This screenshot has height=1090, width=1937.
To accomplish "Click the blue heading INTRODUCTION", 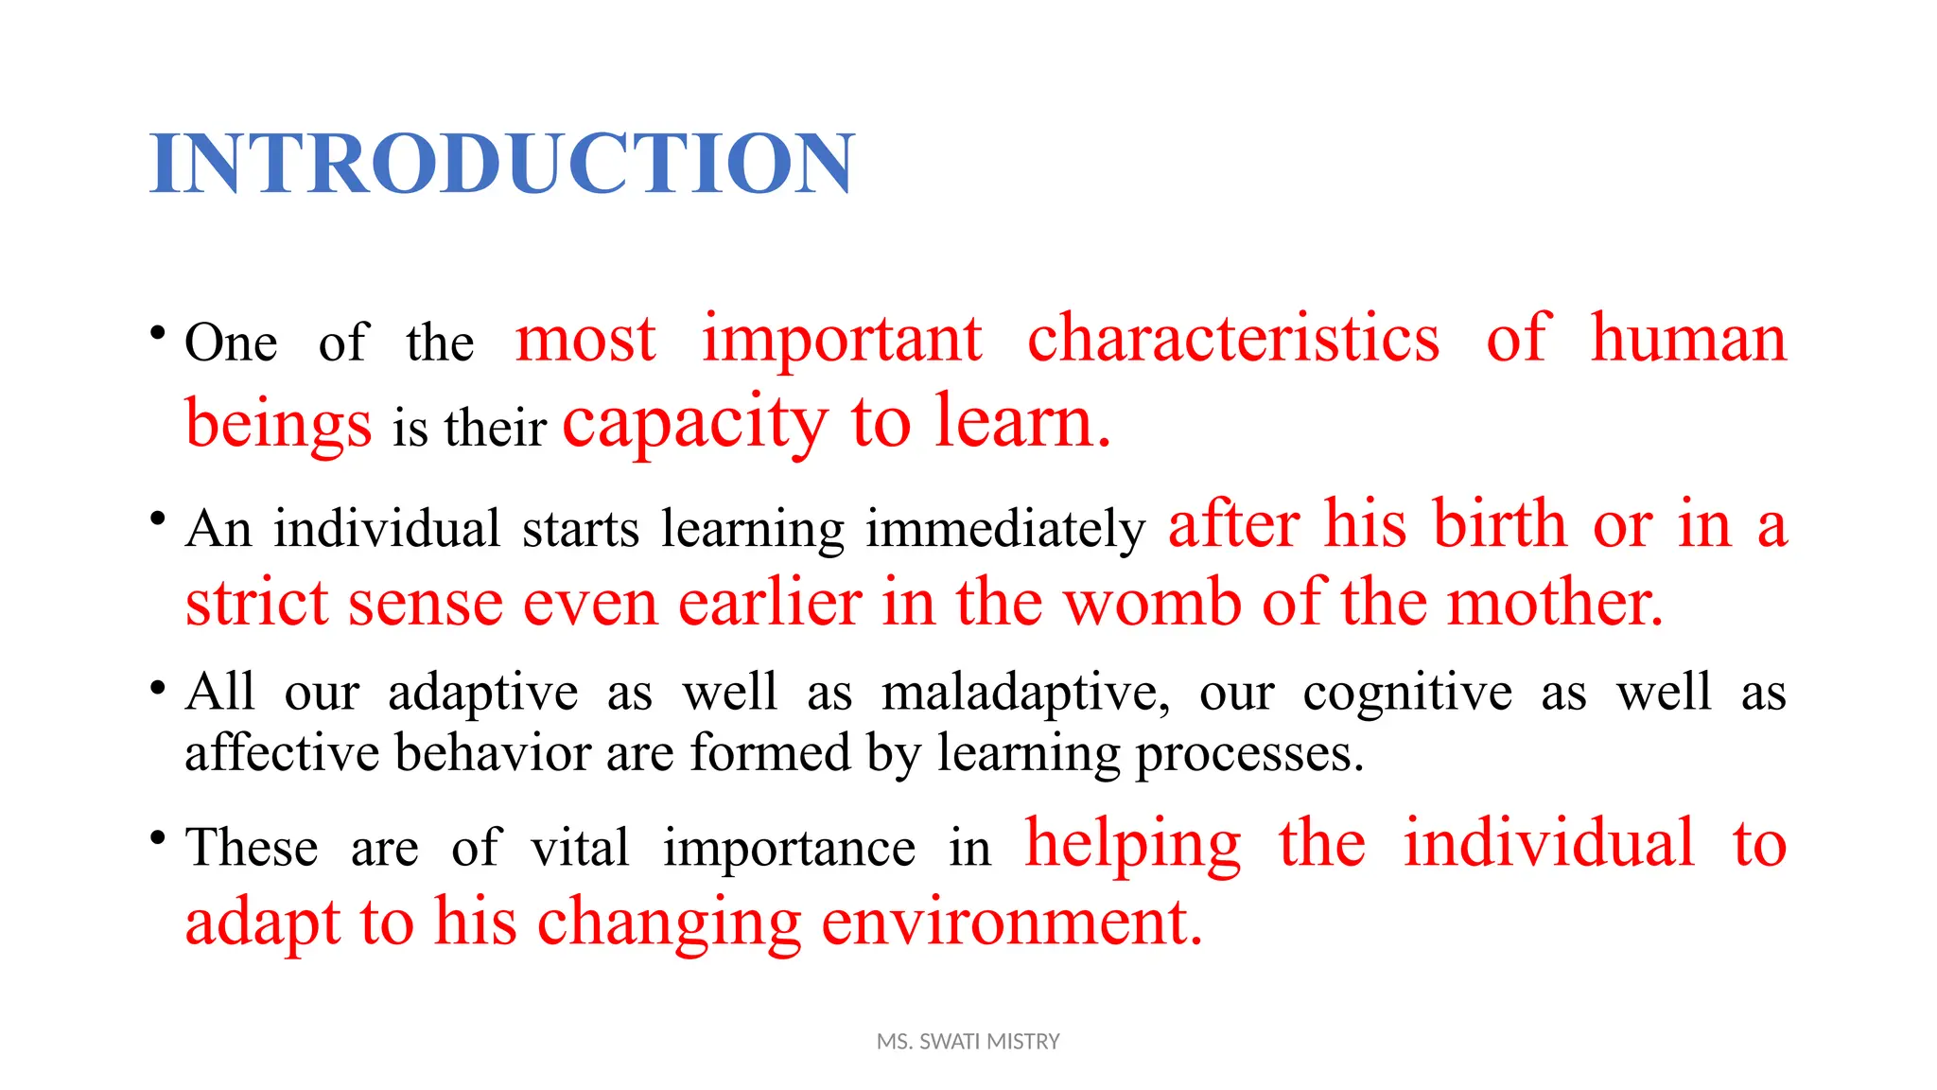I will click(x=501, y=164).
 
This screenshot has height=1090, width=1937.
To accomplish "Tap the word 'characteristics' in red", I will click(x=1233, y=338).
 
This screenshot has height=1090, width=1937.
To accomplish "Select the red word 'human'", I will click(x=1688, y=338).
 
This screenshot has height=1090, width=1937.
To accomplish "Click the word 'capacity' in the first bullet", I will click(x=695, y=423).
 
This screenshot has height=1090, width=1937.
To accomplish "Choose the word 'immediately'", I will click(x=1005, y=529).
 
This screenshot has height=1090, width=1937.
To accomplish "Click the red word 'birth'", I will click(x=1500, y=523).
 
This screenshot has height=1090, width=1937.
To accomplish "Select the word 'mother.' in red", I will click(x=1556, y=603).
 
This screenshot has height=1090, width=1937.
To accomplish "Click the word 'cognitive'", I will click(x=1407, y=693).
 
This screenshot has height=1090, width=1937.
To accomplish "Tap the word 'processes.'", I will click(x=1249, y=754).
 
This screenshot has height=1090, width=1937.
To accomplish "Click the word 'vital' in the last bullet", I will click(x=579, y=847).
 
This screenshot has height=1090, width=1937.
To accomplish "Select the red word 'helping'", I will click(x=1133, y=843).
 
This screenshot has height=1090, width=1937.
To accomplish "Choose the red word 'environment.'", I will click(x=1011, y=923).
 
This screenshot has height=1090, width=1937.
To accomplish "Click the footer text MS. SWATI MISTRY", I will click(x=968, y=1042).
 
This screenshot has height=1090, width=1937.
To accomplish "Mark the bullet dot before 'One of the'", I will click(x=158, y=333).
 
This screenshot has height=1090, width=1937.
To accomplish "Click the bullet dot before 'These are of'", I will click(x=158, y=837).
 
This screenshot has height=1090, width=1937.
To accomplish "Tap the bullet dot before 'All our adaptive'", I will click(x=158, y=687).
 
